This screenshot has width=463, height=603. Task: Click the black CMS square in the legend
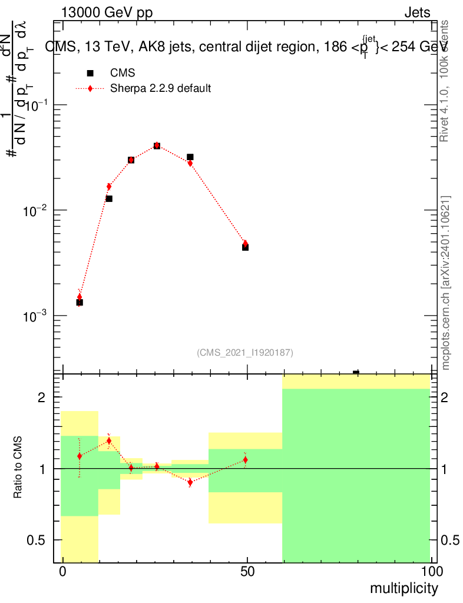[x=90, y=73]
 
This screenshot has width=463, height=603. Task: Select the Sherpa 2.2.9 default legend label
[x=160, y=89]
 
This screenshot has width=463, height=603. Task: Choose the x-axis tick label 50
[x=247, y=571]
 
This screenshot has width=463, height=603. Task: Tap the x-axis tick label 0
[x=62, y=571]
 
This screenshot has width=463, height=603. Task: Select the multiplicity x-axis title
[x=404, y=588]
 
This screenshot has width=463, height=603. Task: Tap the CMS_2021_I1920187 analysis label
[x=245, y=352]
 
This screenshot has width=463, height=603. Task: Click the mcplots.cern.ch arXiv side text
[x=446, y=283]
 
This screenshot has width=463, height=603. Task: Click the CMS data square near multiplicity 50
[x=245, y=247]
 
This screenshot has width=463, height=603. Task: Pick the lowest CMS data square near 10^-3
[x=80, y=302]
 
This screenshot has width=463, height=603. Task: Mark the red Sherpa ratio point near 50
[x=245, y=459]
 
